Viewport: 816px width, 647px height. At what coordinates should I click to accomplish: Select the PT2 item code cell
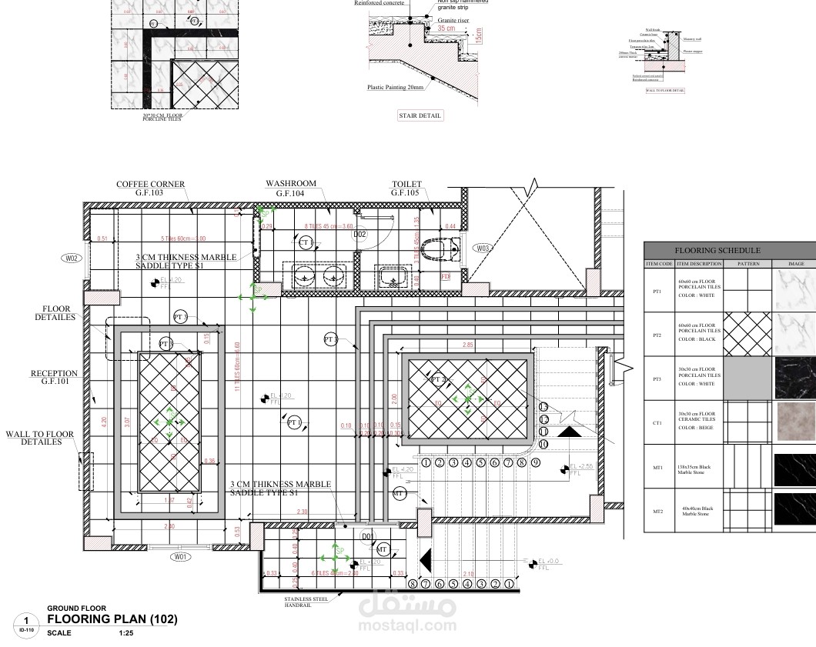657,335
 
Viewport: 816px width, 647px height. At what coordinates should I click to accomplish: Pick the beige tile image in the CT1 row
795,422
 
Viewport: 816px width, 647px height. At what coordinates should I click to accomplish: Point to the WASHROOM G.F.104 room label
291,188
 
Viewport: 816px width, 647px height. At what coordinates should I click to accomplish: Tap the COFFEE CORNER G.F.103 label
150,188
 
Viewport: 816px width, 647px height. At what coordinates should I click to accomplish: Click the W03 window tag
483,248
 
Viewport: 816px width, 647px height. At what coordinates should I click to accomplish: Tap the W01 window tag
180,555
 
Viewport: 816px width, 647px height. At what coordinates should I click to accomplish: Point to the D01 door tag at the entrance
368,535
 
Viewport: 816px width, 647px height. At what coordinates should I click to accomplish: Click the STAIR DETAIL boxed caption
420,115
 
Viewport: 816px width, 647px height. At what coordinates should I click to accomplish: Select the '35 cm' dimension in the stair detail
446,28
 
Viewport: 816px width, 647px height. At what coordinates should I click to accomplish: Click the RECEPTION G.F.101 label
55,377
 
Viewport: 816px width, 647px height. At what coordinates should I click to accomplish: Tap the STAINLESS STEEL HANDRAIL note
306,602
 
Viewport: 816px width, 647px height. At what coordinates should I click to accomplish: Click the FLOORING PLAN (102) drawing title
112,619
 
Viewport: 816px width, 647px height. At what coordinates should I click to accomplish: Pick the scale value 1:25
126,633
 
